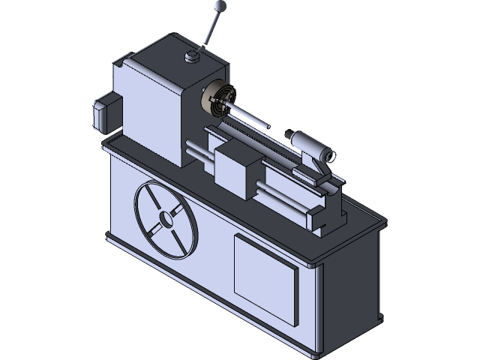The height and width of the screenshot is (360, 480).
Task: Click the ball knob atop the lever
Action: pos(220,7)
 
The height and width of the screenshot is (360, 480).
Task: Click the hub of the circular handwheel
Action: pos(164,220)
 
